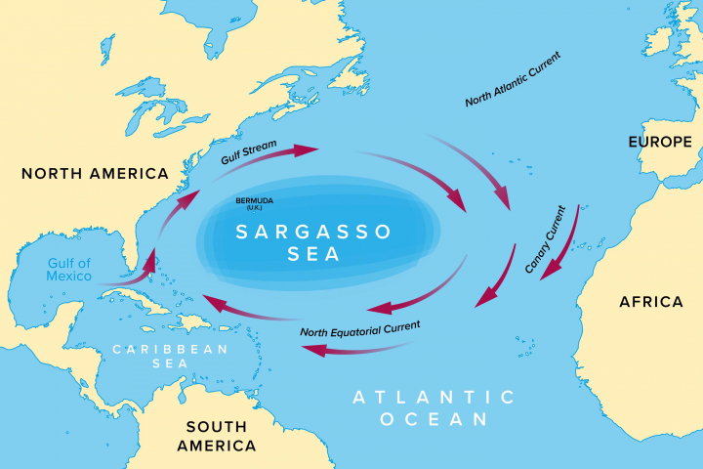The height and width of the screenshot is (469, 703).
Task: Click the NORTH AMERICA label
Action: pyautogui.click(x=95, y=173)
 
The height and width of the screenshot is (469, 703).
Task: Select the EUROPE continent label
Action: pyautogui.click(x=659, y=143)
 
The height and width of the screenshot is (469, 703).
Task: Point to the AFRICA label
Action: pyautogui.click(x=651, y=302)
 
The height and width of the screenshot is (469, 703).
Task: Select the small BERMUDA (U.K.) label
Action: pyautogui.click(x=254, y=203)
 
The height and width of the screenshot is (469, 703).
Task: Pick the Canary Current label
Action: pyautogui.click(x=545, y=238)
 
